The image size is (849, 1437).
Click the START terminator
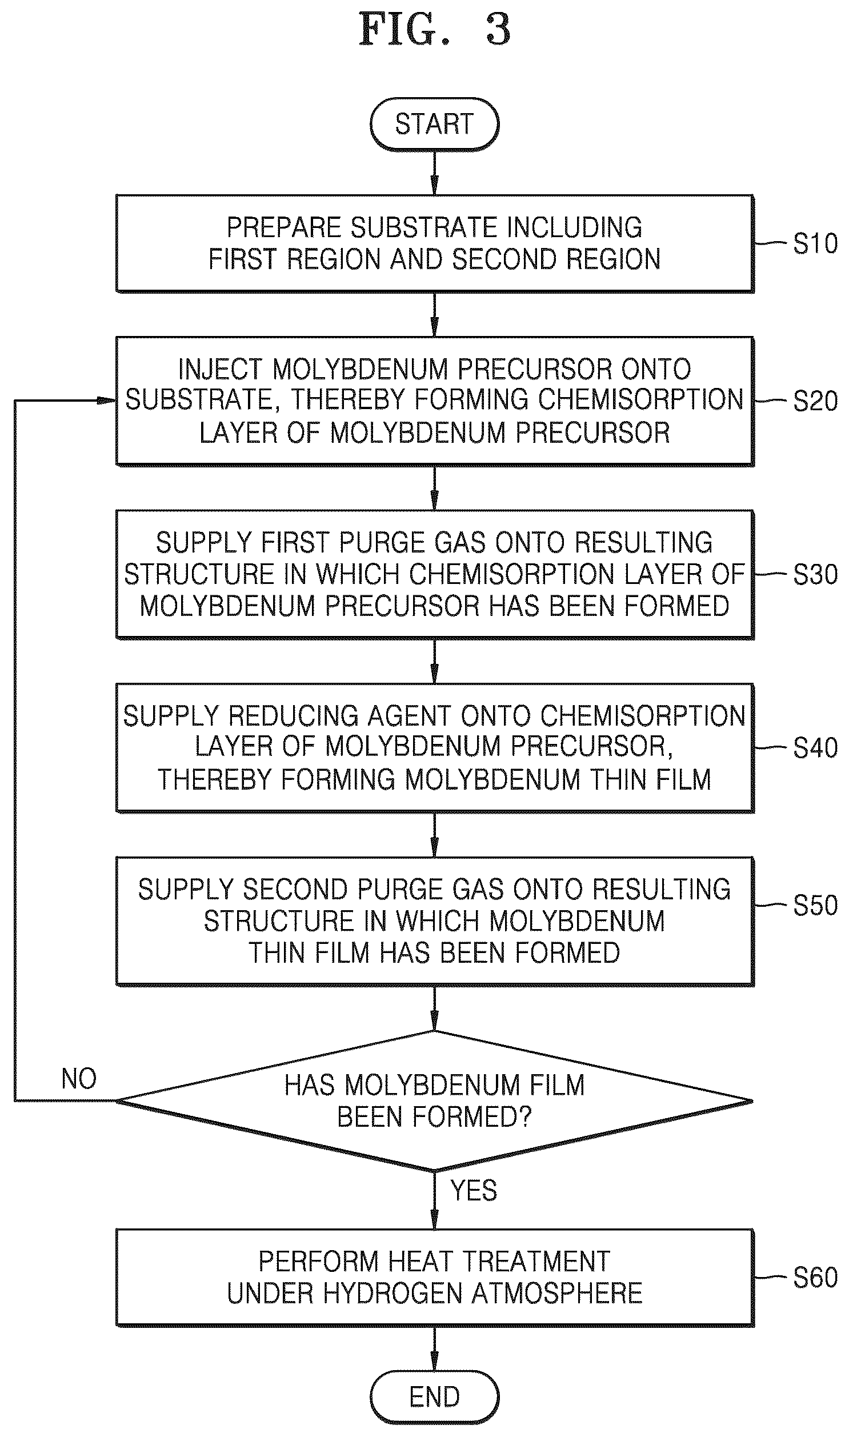434,124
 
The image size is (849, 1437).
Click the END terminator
434,1396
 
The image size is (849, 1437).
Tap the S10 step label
815,244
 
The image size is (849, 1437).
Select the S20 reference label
815,401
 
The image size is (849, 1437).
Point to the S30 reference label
815,574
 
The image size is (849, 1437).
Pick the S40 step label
815,748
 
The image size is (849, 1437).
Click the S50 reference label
815,905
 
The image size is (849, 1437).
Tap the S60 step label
815,1278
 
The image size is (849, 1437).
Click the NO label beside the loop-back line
79,1079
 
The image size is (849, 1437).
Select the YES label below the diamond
474,1190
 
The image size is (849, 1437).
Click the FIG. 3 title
434,30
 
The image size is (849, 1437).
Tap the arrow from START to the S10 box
434,173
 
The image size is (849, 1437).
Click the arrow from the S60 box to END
434,1348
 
